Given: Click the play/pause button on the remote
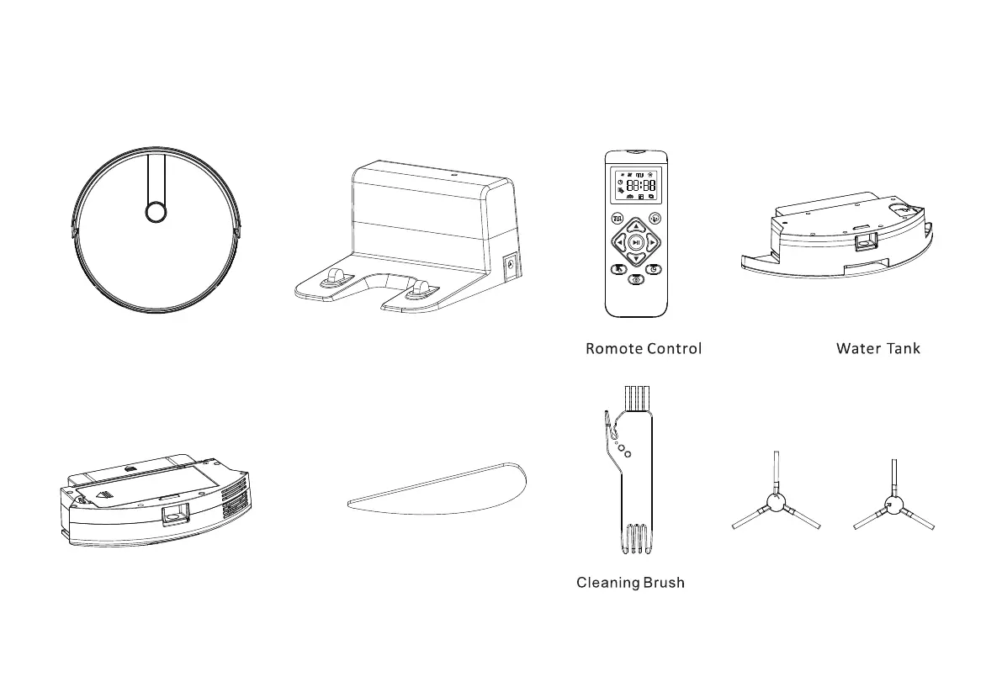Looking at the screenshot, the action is [637, 242].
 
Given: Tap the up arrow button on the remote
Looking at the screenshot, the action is [637, 226].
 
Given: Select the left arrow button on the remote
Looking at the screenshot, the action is [620, 242].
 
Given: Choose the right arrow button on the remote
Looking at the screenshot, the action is [653, 242].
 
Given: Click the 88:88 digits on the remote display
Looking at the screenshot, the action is [641, 185].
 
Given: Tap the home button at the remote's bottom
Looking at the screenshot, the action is [636, 278].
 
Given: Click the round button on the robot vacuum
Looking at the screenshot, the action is [156, 212].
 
